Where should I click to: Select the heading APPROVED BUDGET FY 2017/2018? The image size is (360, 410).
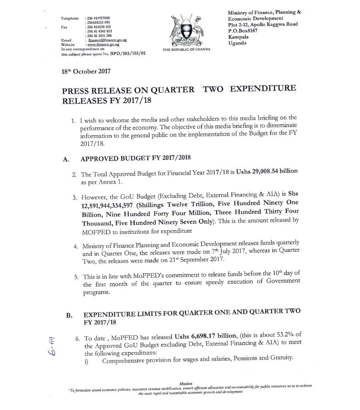click(x=132, y=158)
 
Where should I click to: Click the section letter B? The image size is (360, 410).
click(x=69, y=315)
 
